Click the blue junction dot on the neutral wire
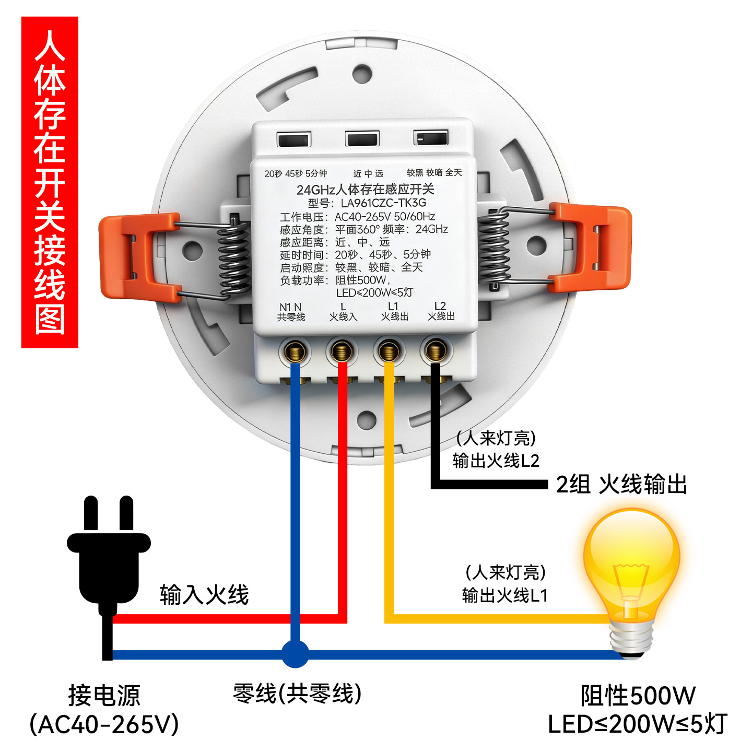point(295,654)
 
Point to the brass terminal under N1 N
point(295,351)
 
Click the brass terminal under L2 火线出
point(436,350)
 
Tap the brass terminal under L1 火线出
point(389,350)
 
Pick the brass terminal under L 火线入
point(342,350)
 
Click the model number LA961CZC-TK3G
point(383,203)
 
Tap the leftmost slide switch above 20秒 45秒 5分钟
point(294,139)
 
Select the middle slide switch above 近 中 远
point(362,139)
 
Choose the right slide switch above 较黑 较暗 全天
point(431,138)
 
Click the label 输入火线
point(204,595)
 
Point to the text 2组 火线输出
point(621,484)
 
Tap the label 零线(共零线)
point(297,694)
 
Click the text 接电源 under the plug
point(104,695)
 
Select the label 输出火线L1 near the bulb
point(504,595)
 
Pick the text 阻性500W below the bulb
point(638,696)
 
